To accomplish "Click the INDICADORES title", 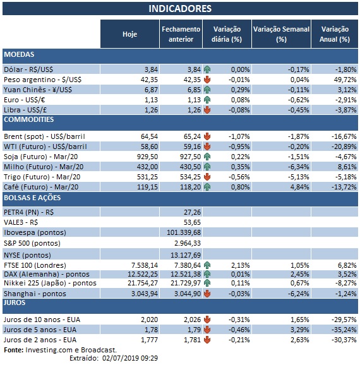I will pos(179,9).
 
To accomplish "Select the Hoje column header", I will pos(129,34).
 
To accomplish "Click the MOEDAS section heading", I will pos(19,55).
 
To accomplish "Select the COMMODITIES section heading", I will pos(28,119).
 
